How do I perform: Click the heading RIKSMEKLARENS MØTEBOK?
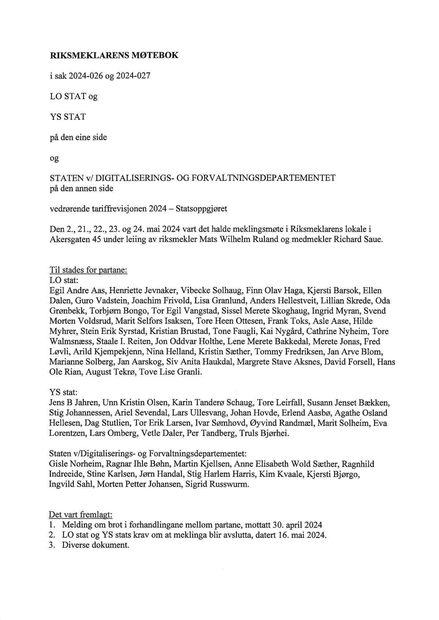tap(114, 56)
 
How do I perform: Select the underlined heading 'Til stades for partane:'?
tap(88, 271)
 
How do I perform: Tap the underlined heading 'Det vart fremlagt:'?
tap(80, 514)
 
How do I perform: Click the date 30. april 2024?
tap(297, 525)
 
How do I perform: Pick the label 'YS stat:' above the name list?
tap(63, 393)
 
